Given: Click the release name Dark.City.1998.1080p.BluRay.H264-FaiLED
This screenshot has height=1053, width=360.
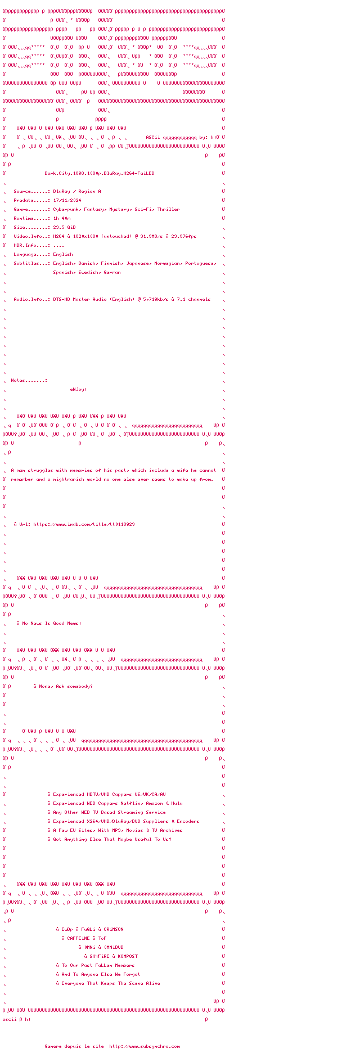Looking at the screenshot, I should (x=99, y=173).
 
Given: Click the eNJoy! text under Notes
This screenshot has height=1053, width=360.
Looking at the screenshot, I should (x=78, y=389).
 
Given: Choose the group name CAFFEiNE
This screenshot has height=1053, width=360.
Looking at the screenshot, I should (x=80, y=938).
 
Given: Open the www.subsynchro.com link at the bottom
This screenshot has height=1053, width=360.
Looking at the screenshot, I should (x=145, y=1046).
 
